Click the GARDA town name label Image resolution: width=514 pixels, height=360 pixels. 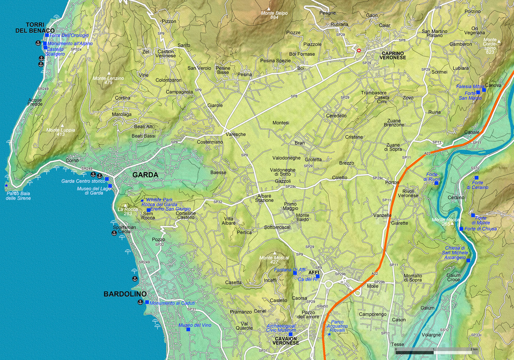(145, 175)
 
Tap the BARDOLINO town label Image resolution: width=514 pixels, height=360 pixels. (125, 294)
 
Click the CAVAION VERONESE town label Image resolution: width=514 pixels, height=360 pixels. (286, 340)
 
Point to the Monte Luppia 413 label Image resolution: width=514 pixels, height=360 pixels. (60, 132)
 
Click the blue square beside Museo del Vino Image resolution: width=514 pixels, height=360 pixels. (188, 330)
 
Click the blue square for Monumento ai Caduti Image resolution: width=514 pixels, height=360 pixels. (147, 303)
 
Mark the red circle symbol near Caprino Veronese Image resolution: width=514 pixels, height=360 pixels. (359, 50)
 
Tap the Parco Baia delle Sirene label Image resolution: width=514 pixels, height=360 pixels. (18, 195)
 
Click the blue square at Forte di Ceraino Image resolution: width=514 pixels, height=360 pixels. (476, 178)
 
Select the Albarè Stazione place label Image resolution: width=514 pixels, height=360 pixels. (265, 197)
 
